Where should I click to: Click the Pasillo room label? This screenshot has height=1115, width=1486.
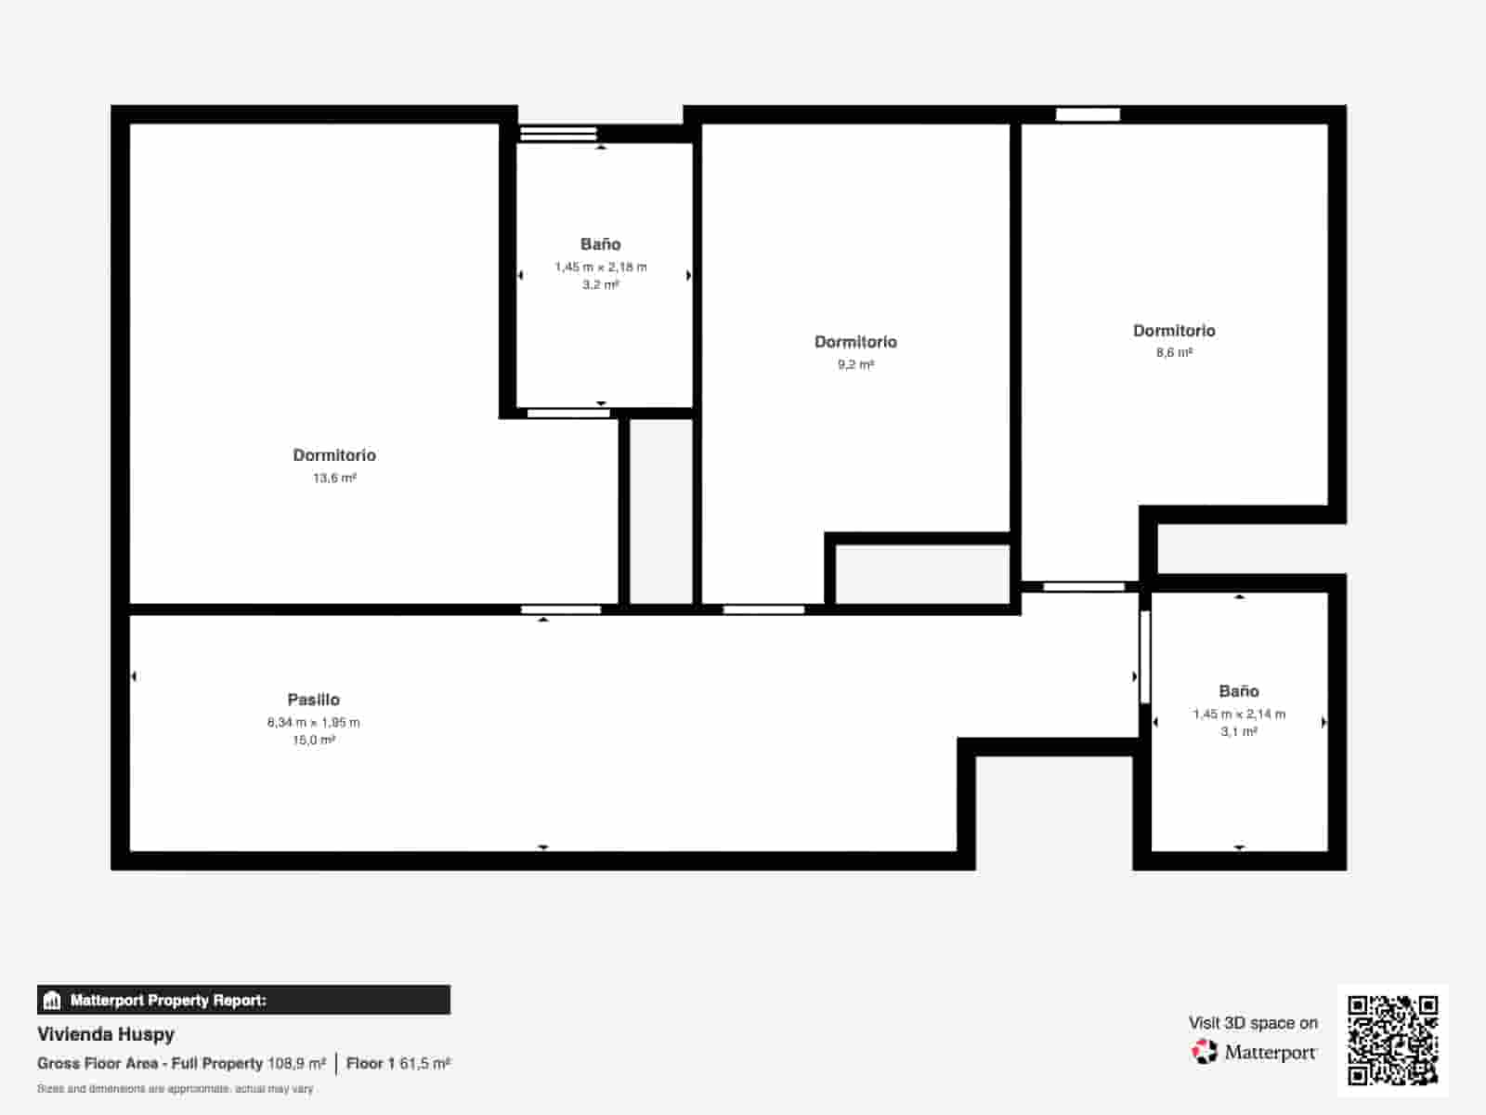(313, 700)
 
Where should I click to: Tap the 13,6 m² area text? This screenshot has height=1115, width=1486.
(334, 478)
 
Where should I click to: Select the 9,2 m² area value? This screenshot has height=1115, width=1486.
(855, 365)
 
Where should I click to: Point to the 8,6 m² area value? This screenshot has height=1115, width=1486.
(1174, 353)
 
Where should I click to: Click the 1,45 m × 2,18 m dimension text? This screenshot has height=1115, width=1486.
(601, 267)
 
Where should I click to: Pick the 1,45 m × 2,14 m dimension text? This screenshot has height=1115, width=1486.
(1239, 715)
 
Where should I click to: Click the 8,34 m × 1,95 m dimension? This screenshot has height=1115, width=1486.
(313, 722)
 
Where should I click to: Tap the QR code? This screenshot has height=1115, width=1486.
(1392, 1041)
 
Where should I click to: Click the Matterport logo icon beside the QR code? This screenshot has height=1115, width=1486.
(1205, 1052)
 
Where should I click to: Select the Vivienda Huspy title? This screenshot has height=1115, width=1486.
(106, 1034)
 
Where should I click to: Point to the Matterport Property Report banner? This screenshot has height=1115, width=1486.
(243, 1000)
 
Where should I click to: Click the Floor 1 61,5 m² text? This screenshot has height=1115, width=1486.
(398, 1064)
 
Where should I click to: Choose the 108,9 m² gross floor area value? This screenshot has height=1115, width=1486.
(296, 1064)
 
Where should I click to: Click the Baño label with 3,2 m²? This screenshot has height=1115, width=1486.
(601, 243)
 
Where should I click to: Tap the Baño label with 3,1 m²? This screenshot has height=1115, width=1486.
(1239, 691)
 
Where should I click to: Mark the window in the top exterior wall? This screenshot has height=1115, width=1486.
(1088, 114)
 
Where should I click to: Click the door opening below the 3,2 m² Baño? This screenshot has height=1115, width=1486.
(568, 413)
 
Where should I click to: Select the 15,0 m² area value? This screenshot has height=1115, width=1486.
(313, 740)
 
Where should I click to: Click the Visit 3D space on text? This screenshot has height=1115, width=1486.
(1253, 1023)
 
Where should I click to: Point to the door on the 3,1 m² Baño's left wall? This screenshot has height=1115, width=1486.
(1145, 657)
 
